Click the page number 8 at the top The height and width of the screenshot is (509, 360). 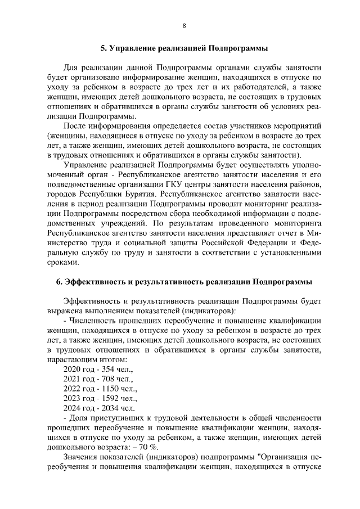[184, 25]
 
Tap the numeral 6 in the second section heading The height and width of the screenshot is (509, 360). [52, 281]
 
